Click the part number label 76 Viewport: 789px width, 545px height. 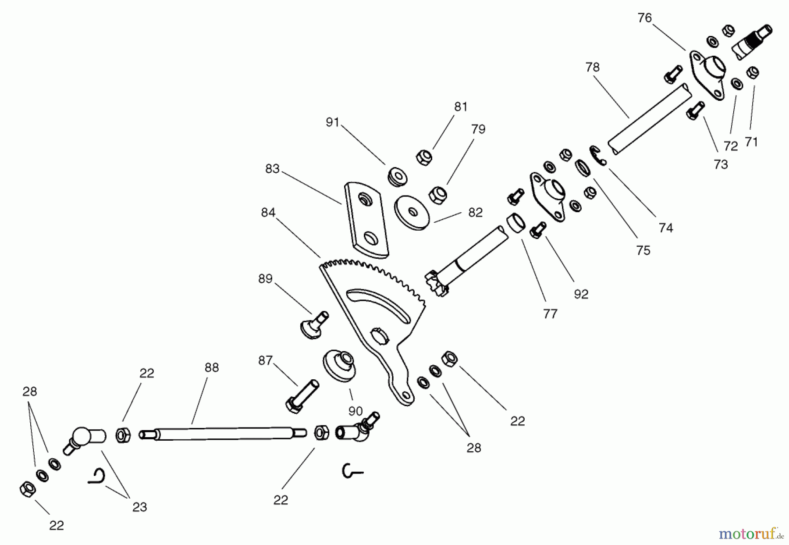pyautogui.click(x=645, y=18)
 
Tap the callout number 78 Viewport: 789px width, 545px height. pyautogui.click(x=592, y=67)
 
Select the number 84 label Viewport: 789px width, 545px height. pyautogui.click(x=268, y=213)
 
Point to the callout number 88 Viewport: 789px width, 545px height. pyautogui.click(x=211, y=367)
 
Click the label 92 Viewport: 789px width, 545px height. pyautogui.click(x=581, y=294)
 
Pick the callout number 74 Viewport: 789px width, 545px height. pyautogui.click(x=665, y=228)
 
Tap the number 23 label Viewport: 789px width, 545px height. pyautogui.click(x=139, y=507)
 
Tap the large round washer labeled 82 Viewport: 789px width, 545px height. pyautogui.click(x=412, y=212)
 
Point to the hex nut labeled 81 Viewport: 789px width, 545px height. pyautogui.click(x=423, y=157)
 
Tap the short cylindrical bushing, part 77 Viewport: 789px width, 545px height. pyautogui.click(x=516, y=224)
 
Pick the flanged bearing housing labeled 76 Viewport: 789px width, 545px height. pyautogui.click(x=707, y=75)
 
